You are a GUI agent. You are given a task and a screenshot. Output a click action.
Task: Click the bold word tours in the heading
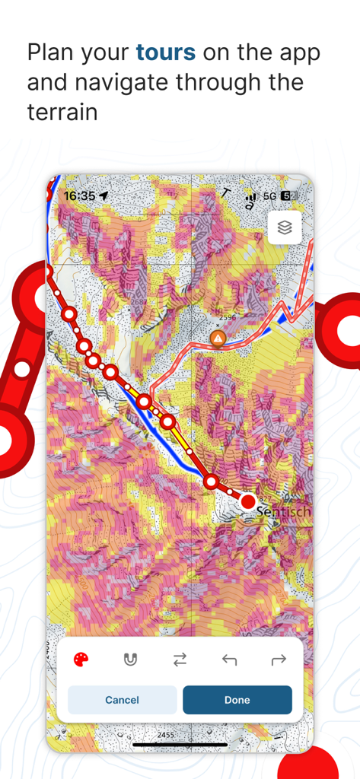[x=165, y=52]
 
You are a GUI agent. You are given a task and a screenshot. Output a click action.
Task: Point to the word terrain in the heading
[x=62, y=113]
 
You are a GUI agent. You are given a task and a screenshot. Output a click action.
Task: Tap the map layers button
[x=285, y=227]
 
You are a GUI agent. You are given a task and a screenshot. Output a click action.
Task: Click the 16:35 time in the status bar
[x=79, y=196]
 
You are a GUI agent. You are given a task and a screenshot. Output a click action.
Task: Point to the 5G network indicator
[x=269, y=196]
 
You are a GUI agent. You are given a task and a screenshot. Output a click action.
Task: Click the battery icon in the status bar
[x=286, y=196]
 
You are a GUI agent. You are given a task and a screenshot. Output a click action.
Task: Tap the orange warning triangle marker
[x=218, y=337]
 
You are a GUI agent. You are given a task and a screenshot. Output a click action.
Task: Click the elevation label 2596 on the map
[x=228, y=317]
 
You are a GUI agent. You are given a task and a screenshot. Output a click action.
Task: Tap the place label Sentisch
[x=283, y=512]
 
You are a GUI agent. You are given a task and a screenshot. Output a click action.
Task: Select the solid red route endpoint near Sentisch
[x=248, y=501]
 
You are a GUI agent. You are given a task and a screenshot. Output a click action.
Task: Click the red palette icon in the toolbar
[x=81, y=660]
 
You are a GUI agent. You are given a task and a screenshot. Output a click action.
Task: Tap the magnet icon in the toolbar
[x=130, y=660]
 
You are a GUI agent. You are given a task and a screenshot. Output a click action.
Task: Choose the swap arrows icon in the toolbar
[x=180, y=660]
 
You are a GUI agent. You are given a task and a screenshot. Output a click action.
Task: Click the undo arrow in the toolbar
[x=229, y=660]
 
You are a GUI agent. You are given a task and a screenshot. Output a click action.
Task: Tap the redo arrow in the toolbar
[x=279, y=660]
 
